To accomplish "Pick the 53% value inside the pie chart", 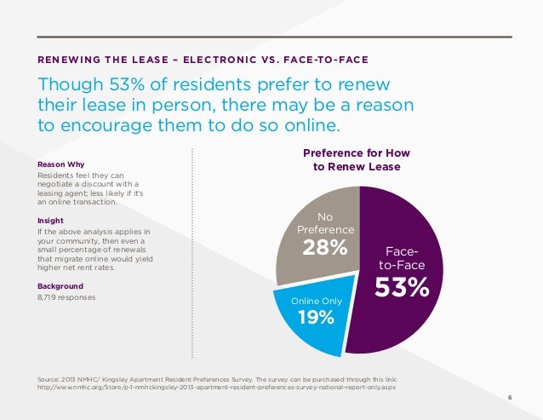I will [403, 287].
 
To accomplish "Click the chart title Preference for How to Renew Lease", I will [357, 160].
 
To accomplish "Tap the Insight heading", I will [50, 221].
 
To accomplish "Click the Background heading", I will [59, 285].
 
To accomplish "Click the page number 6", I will [510, 397].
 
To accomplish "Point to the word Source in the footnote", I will [50, 377].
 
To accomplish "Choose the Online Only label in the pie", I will [317, 301].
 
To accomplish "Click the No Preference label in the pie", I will [324, 223].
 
